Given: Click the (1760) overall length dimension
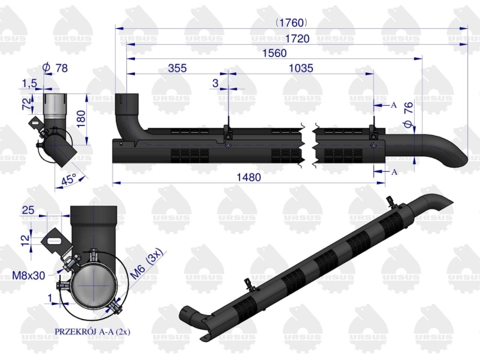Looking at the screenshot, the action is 291,22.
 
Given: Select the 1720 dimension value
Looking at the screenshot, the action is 297,38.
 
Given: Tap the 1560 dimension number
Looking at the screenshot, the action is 275,53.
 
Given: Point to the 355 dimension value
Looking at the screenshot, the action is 177,68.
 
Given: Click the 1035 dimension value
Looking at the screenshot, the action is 301,68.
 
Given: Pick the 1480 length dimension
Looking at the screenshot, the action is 249,177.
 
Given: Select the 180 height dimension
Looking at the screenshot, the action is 81,119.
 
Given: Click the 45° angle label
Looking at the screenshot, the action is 69,179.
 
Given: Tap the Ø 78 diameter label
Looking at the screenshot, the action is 55,68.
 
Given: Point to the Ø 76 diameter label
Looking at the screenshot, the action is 408,115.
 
